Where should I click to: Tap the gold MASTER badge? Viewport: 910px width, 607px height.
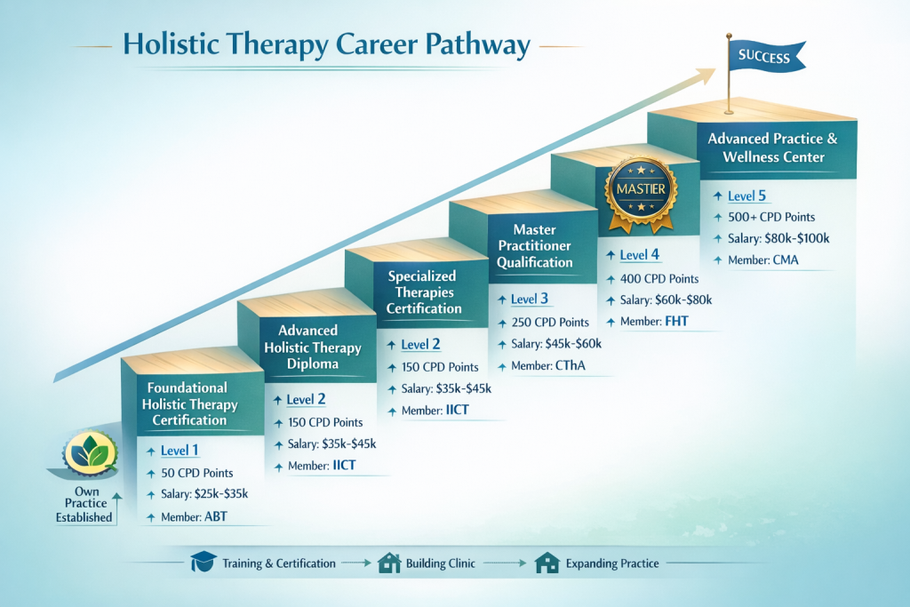click(640, 188)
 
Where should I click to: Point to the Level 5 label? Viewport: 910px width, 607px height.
click(746, 196)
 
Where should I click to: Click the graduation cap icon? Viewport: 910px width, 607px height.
click(204, 563)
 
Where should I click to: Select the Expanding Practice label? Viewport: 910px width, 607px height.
click(612, 563)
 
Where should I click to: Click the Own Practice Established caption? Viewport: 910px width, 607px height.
click(84, 504)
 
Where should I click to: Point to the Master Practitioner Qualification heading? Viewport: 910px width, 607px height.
click(535, 246)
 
